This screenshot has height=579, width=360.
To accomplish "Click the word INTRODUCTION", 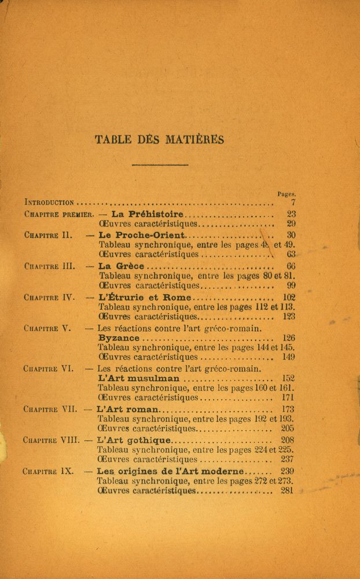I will [x=50, y=203].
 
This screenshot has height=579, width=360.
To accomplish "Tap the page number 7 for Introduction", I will [x=293, y=203].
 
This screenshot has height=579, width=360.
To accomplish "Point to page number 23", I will [x=291, y=214].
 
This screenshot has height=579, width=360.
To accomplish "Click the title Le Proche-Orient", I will [x=142, y=235].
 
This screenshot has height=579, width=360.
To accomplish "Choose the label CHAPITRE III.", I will [x=50, y=267].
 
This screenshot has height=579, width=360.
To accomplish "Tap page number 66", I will [x=291, y=267].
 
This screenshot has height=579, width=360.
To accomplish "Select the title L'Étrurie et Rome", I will [x=140, y=298].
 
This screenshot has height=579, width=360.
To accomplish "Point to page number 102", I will [x=289, y=298].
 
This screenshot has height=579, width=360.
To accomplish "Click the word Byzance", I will [x=119, y=338].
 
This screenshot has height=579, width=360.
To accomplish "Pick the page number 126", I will [x=289, y=338].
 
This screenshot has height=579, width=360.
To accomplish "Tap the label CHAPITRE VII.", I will [x=50, y=409].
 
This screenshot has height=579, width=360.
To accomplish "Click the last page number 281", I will [x=288, y=491].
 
